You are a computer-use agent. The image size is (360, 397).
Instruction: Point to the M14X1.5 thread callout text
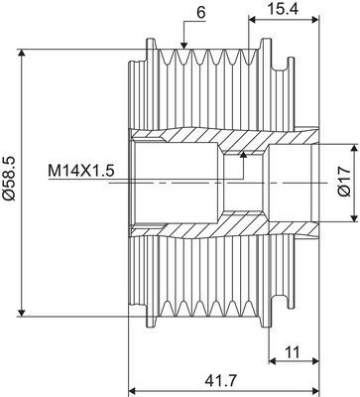pos(80,171)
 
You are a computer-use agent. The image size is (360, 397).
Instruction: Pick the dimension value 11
pos(292,351)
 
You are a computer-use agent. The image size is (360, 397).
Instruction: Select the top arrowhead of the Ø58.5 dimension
pos(22,44)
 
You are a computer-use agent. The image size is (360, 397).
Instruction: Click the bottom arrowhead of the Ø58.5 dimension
pos(22,315)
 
